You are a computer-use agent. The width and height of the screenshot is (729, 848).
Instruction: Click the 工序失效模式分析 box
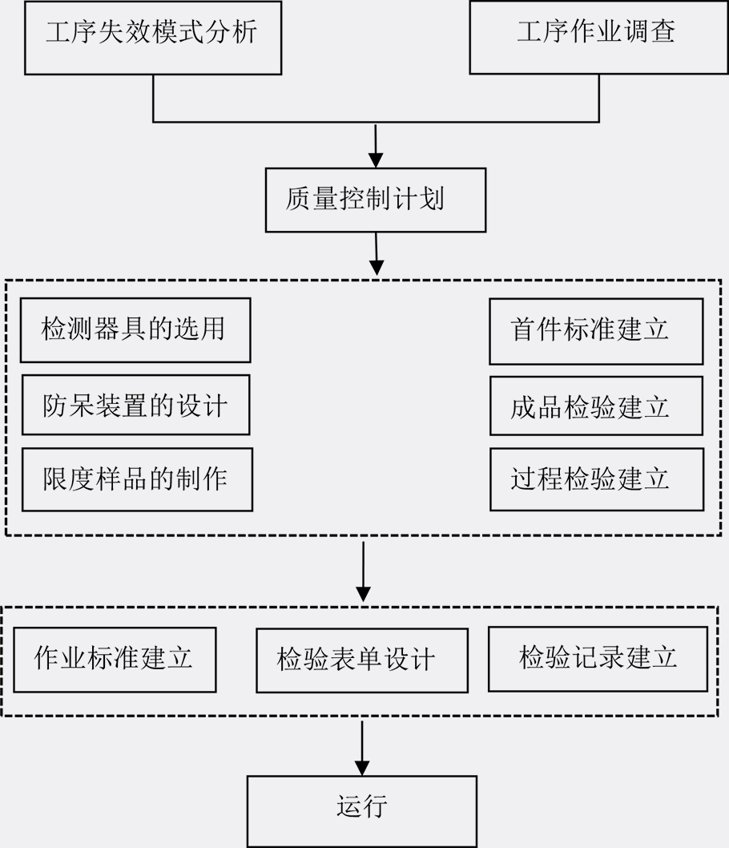click(153, 38)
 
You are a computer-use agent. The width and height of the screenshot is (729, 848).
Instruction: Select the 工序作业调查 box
click(598, 38)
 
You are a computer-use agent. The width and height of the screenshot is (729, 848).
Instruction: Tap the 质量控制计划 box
click(376, 200)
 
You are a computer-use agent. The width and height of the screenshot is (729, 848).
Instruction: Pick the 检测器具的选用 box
click(135, 330)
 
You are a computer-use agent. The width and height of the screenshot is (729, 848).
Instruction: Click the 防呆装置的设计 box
click(135, 405)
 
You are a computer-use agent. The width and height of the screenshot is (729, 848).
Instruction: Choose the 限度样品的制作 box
click(137, 479)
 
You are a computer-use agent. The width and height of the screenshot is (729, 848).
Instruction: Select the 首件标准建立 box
click(596, 331)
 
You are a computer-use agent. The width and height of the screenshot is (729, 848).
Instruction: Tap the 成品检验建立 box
click(596, 406)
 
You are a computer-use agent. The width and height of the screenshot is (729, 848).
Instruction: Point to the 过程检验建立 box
click(597, 479)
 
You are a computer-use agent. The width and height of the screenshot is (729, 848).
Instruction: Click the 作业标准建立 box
click(115, 660)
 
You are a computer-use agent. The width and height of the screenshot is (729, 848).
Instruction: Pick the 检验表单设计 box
click(362, 660)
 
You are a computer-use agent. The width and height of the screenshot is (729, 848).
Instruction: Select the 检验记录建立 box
click(598, 659)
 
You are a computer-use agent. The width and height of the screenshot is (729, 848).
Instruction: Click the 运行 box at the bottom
click(362, 811)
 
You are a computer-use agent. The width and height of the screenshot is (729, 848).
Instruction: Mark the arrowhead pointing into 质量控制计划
click(376, 160)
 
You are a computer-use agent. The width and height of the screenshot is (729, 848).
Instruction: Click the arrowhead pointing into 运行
click(362, 769)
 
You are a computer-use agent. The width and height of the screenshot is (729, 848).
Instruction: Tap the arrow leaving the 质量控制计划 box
click(377, 254)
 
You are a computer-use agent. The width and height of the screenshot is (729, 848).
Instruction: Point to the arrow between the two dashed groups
click(363, 571)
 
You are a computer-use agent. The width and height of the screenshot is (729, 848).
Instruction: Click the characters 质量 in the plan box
click(312, 199)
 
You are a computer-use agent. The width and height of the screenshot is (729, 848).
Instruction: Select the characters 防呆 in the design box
click(69, 406)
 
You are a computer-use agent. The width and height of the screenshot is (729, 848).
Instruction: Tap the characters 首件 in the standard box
click(536, 329)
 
